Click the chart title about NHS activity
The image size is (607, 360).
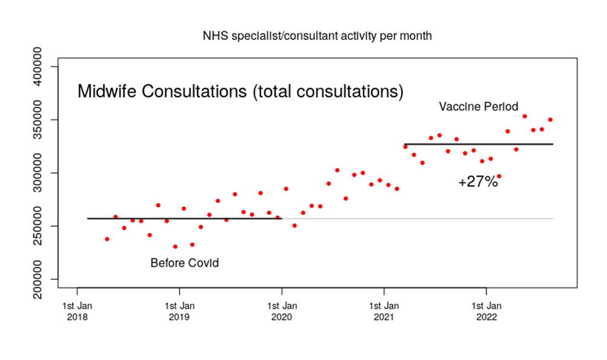click(x=317, y=36)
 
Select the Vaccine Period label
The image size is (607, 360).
click(x=478, y=107)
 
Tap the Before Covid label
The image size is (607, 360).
click(x=184, y=263)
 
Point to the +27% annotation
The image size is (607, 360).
click(x=478, y=182)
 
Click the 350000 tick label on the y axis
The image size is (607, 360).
click(x=40, y=120)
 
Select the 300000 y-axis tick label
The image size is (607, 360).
click(x=40, y=173)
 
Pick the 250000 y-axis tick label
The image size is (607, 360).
click(x=40, y=226)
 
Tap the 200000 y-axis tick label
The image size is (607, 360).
click(x=40, y=280)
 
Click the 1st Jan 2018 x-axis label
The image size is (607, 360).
click(x=77, y=309)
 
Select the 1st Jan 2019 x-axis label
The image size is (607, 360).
click(x=179, y=309)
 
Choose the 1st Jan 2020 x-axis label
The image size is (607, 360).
click(x=281, y=309)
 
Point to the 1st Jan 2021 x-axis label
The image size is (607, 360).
click(x=383, y=309)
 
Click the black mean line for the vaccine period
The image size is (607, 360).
click(x=478, y=144)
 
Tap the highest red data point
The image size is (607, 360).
click(x=525, y=116)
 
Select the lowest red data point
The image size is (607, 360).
click(x=175, y=246)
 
